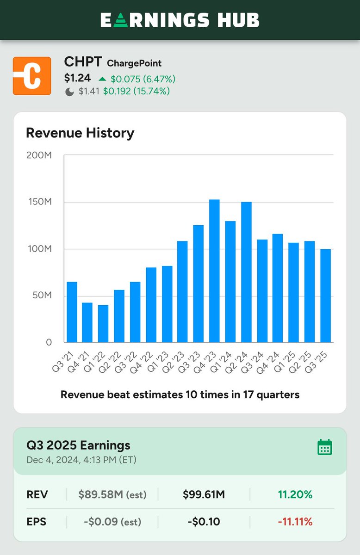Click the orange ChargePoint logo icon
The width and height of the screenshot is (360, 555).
click(32, 76)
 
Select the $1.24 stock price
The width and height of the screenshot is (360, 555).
click(77, 78)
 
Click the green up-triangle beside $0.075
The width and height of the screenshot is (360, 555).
click(102, 79)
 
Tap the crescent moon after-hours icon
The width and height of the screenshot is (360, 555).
click(69, 92)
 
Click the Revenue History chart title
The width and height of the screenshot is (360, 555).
click(80, 133)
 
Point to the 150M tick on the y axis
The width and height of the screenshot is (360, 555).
click(39, 203)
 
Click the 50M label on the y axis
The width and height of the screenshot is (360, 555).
click(42, 296)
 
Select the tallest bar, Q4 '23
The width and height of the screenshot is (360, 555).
click(214, 271)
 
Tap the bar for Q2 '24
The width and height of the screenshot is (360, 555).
click(246, 272)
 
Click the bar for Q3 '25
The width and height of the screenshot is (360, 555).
click(325, 296)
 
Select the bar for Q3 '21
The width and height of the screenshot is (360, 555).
click(72, 312)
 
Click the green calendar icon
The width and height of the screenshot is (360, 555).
click(324, 447)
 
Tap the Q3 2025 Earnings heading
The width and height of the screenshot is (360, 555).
click(78, 445)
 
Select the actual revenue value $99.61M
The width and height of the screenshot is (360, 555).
click(203, 495)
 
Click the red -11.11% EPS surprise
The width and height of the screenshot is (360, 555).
click(295, 522)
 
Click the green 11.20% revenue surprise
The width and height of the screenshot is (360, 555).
click(295, 495)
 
